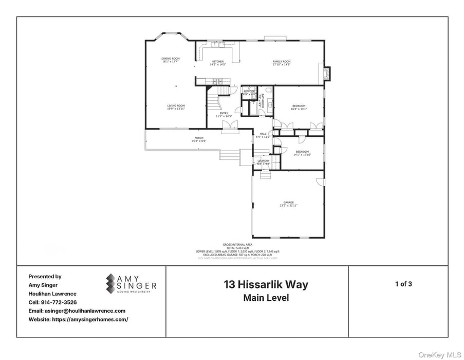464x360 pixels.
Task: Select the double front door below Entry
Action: [230, 131]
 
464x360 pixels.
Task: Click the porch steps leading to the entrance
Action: [230, 155]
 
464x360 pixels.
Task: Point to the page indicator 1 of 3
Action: [403, 283]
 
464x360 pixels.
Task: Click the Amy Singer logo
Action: [131, 283]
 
